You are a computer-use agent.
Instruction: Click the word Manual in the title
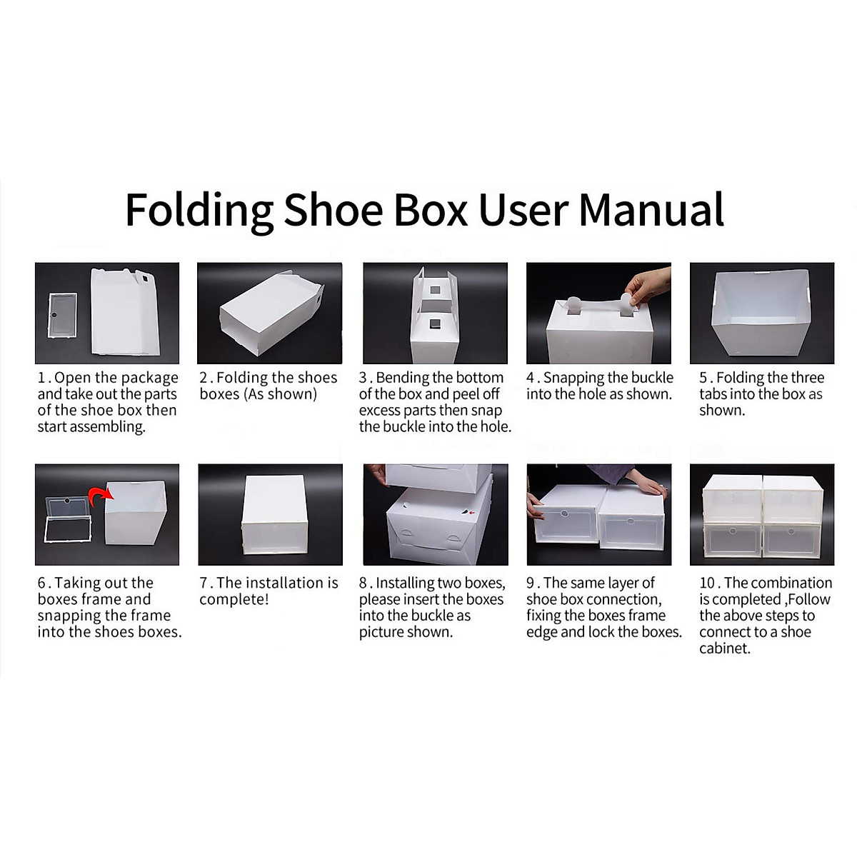(x=651, y=209)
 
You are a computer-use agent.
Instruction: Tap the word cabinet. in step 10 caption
(x=725, y=648)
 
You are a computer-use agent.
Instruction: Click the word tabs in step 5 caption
(x=715, y=394)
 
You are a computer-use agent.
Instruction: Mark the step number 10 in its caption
(x=708, y=583)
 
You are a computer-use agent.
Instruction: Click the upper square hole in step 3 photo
(x=434, y=290)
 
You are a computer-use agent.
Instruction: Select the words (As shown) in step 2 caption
(x=280, y=394)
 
